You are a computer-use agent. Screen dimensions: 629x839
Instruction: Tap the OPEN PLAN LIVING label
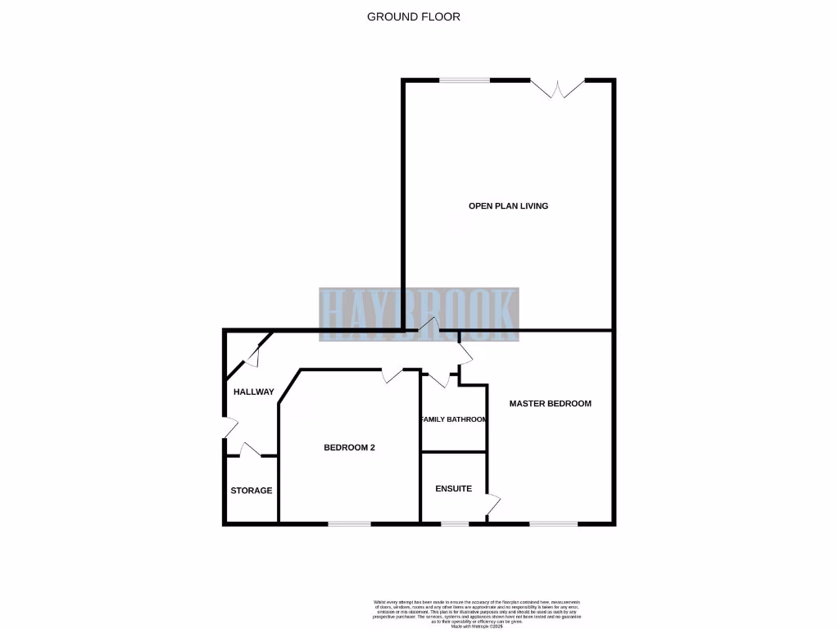pos(508,206)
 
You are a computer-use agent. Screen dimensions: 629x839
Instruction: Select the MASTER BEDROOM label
pos(550,403)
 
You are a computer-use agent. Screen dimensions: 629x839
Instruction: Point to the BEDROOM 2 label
pos(349,447)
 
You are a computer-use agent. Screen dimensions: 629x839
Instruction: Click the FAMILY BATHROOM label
pos(453,419)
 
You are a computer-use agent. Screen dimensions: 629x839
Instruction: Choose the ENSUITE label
pos(453,488)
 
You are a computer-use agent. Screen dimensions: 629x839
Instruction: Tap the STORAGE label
pos(251,491)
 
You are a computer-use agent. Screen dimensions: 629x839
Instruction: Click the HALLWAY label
pos(253,391)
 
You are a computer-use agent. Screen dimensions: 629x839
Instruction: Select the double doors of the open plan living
pos(557,88)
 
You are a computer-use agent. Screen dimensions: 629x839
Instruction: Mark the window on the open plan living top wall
pos(465,79)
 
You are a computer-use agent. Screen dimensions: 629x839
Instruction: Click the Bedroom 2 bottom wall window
pos(350,523)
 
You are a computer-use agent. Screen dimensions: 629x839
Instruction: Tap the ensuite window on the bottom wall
pos(455,523)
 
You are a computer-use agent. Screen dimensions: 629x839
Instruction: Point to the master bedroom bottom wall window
pos(553,523)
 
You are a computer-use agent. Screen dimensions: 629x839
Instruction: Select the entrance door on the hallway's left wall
pos(229,428)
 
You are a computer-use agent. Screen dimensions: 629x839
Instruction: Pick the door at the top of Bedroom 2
pos(392,375)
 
